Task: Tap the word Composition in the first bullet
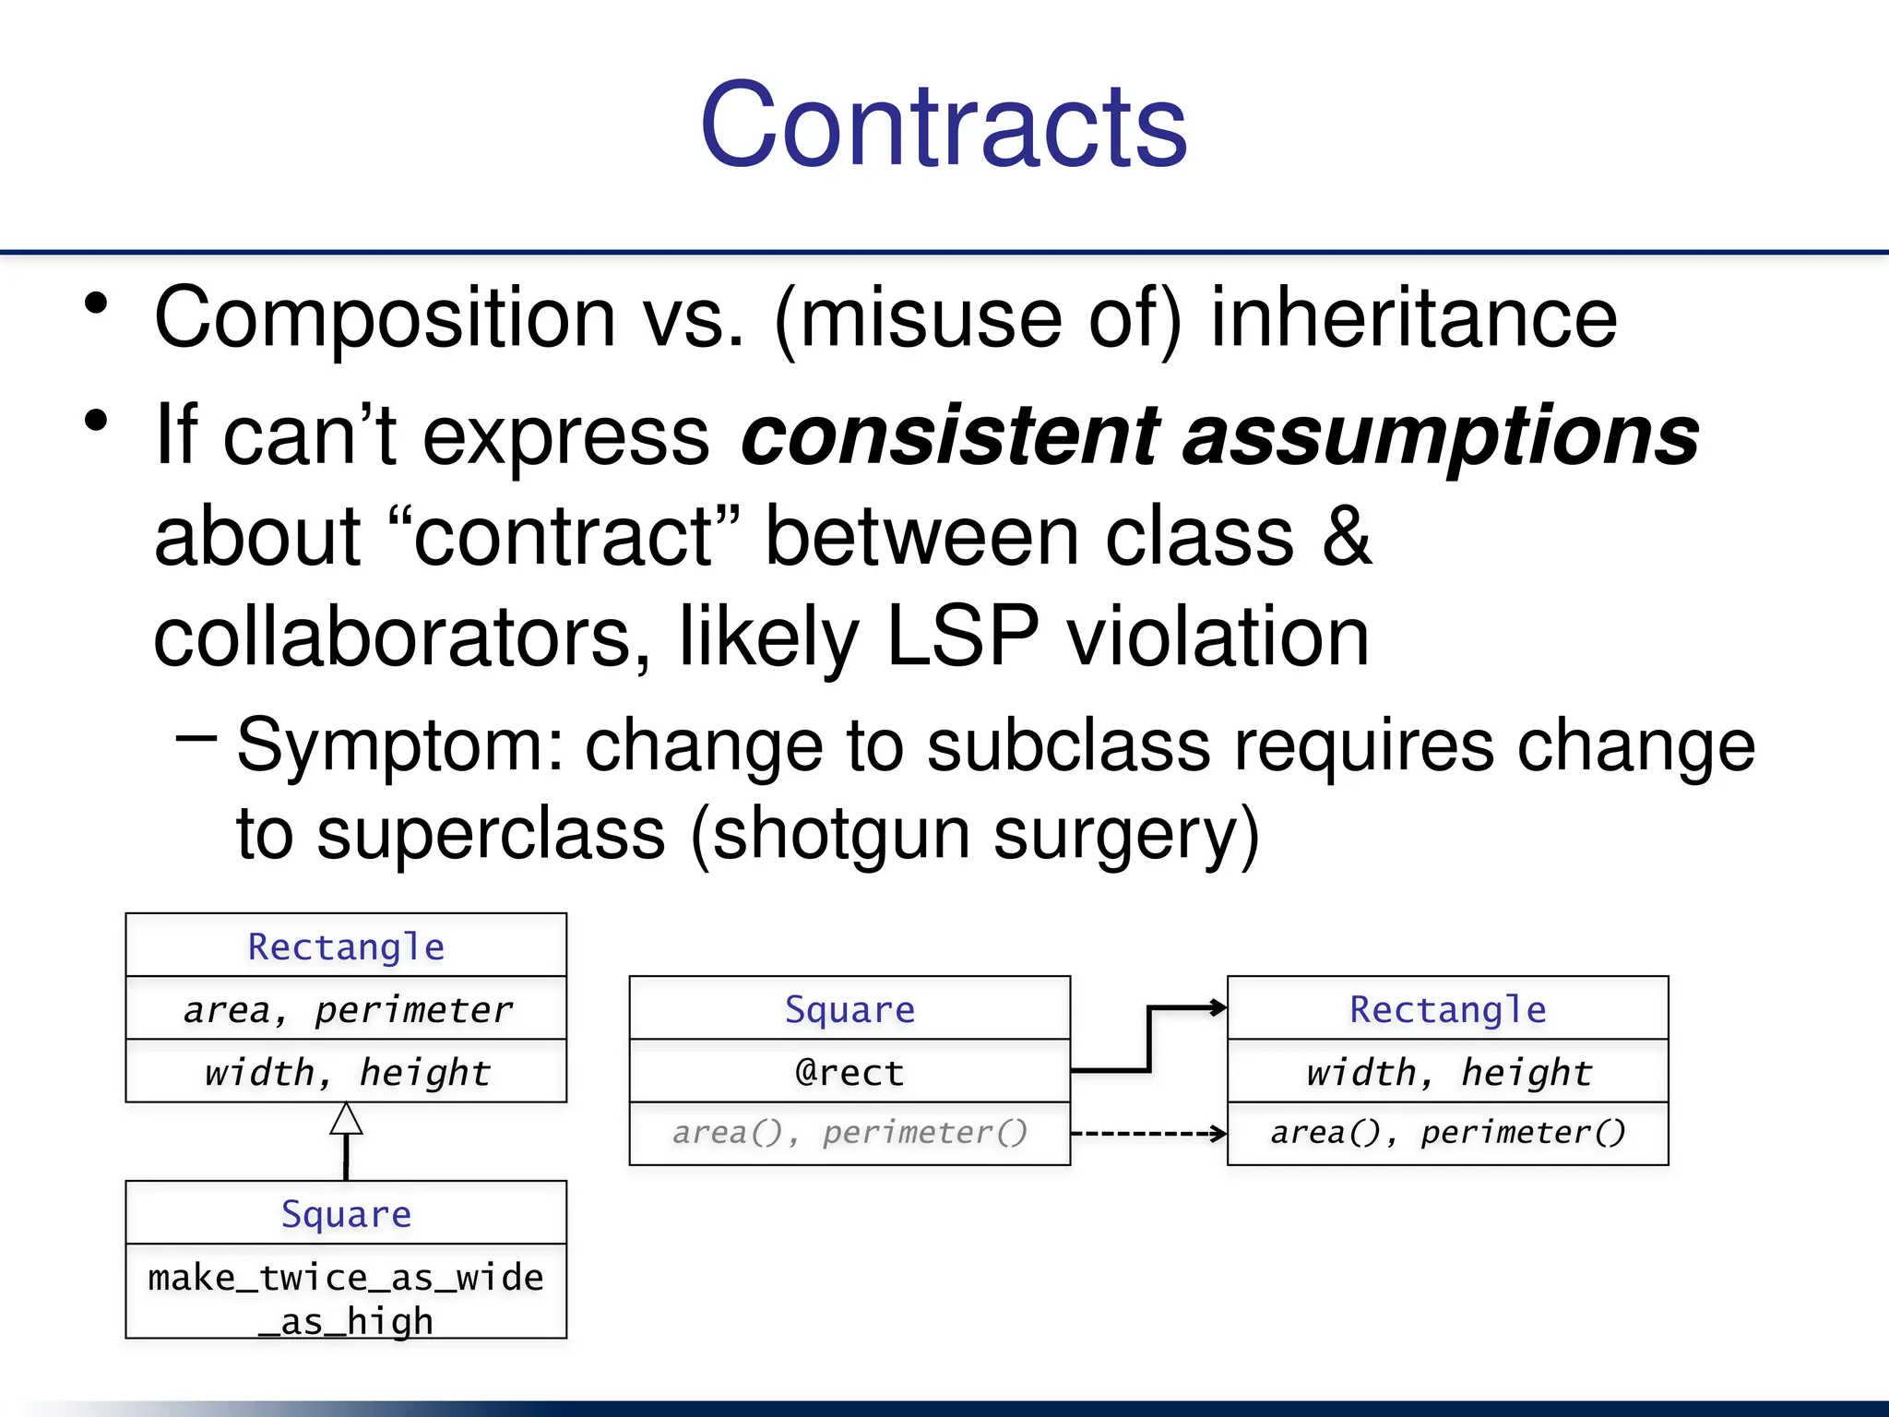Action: (x=385, y=318)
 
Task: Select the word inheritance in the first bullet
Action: (x=1413, y=318)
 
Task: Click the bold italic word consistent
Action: (x=951, y=435)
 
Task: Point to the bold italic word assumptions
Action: (x=1441, y=435)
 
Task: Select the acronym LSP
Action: (x=962, y=637)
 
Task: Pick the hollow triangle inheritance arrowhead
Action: (x=346, y=1119)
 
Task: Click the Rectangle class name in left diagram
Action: (x=346, y=947)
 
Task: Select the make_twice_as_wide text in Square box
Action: (x=346, y=1278)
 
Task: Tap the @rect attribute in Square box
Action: (x=849, y=1072)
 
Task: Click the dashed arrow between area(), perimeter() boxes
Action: (x=1148, y=1134)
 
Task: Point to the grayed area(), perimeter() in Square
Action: (x=849, y=1132)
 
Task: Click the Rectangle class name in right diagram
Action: (x=1447, y=1009)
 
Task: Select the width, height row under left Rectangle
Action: (x=346, y=1072)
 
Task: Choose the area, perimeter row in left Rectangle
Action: (x=346, y=1009)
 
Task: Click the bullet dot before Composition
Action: (x=96, y=304)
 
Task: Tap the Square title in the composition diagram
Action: (x=849, y=1009)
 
